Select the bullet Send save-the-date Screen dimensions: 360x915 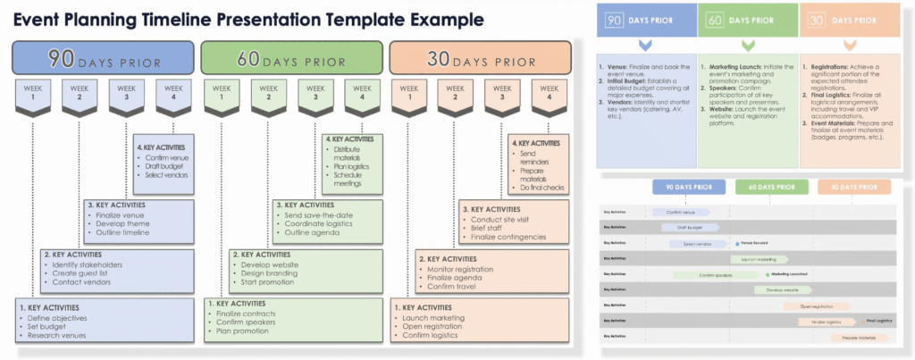point(315,214)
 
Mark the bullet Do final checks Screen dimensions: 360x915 point(541,186)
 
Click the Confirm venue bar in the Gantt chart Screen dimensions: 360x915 point(681,212)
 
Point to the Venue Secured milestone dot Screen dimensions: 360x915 point(734,243)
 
